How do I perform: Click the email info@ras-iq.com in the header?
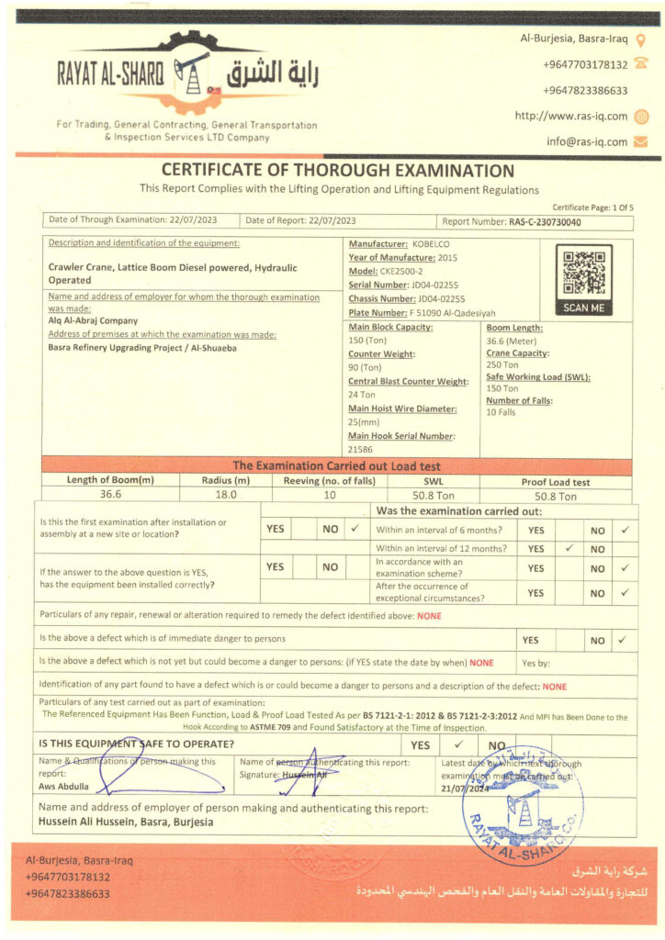click(587, 141)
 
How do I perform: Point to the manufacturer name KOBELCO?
click(432, 244)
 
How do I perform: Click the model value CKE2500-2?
click(404, 272)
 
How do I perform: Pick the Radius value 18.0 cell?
click(225, 494)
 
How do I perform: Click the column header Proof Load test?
click(557, 481)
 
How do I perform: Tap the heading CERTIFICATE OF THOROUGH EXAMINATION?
click(337, 170)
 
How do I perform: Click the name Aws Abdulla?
click(63, 787)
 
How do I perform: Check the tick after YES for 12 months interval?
click(569, 549)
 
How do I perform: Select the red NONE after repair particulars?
click(429, 616)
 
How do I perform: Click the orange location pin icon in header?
click(641, 39)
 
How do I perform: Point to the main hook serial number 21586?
click(360, 450)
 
